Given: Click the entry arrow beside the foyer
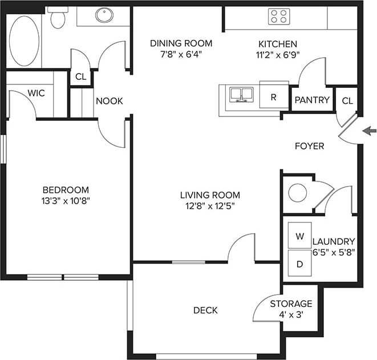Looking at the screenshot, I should [x=370, y=131].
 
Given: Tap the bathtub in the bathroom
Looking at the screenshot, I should [x=24, y=40].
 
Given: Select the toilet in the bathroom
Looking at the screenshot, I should [x=57, y=18].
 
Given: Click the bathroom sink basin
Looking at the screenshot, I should [x=104, y=15].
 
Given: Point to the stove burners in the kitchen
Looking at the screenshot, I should [x=278, y=17].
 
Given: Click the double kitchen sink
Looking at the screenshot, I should [x=241, y=94].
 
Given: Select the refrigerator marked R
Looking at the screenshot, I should [x=273, y=97].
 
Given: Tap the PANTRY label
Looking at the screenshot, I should [x=311, y=100].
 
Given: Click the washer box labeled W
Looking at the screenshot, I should [x=299, y=235].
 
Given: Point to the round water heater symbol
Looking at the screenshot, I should [x=297, y=192].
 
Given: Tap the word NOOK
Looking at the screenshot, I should [x=109, y=101].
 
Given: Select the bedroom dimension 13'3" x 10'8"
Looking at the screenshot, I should [x=66, y=200].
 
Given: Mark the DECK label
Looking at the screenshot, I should [x=205, y=310].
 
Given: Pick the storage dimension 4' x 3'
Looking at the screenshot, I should [x=291, y=314].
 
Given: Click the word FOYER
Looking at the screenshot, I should [x=309, y=146].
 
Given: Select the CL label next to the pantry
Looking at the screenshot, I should [x=347, y=100].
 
